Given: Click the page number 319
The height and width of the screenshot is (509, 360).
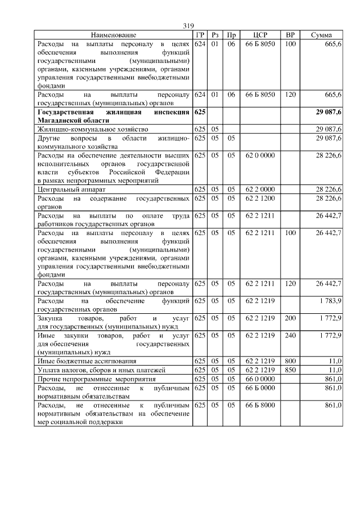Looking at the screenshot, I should coord(188,26).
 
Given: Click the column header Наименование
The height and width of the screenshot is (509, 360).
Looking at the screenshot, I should coord(114,35).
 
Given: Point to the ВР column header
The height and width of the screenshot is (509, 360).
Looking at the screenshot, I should coord(290,35).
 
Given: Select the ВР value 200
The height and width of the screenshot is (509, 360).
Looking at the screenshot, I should coord(290,318).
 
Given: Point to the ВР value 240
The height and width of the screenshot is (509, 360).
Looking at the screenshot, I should coord(290,336).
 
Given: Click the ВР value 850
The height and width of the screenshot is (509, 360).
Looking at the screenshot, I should coord(290,370).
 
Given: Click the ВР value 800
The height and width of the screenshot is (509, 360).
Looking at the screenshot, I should coord(290,361).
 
